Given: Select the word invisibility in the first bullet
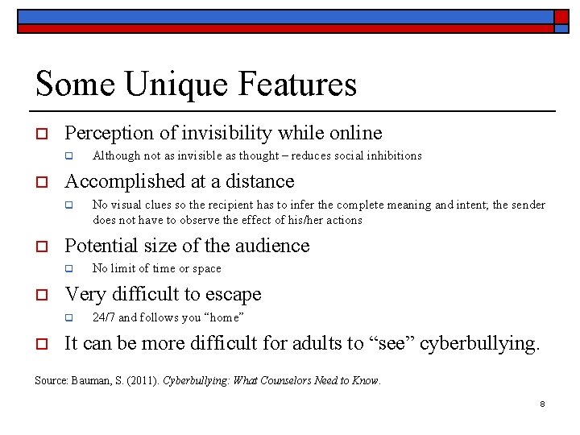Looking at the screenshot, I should pyautogui.click(x=233, y=133).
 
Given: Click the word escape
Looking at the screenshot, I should pyautogui.click(x=233, y=294).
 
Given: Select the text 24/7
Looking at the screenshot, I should pyautogui.click(x=104, y=317).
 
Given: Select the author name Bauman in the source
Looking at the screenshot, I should pyautogui.click(x=88, y=380).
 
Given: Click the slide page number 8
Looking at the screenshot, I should pyautogui.click(x=543, y=404).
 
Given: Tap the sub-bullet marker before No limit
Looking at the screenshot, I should pyautogui.click(x=69, y=269).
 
